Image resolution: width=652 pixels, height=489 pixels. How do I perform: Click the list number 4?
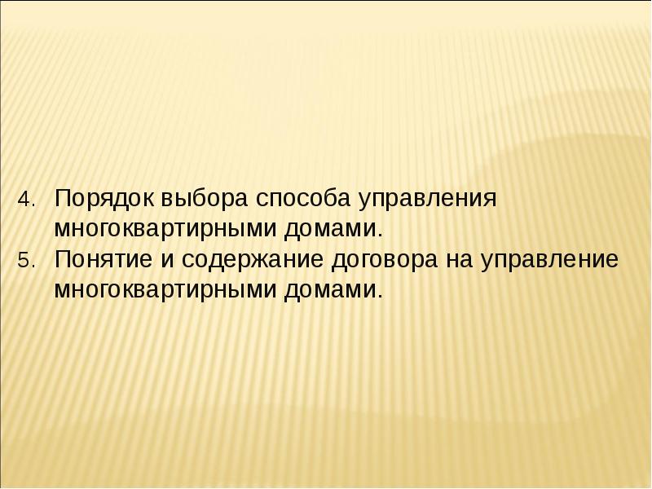click(24, 200)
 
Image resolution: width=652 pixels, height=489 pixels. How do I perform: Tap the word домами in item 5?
click(332, 289)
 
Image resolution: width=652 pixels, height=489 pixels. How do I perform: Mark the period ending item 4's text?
click(378, 232)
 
